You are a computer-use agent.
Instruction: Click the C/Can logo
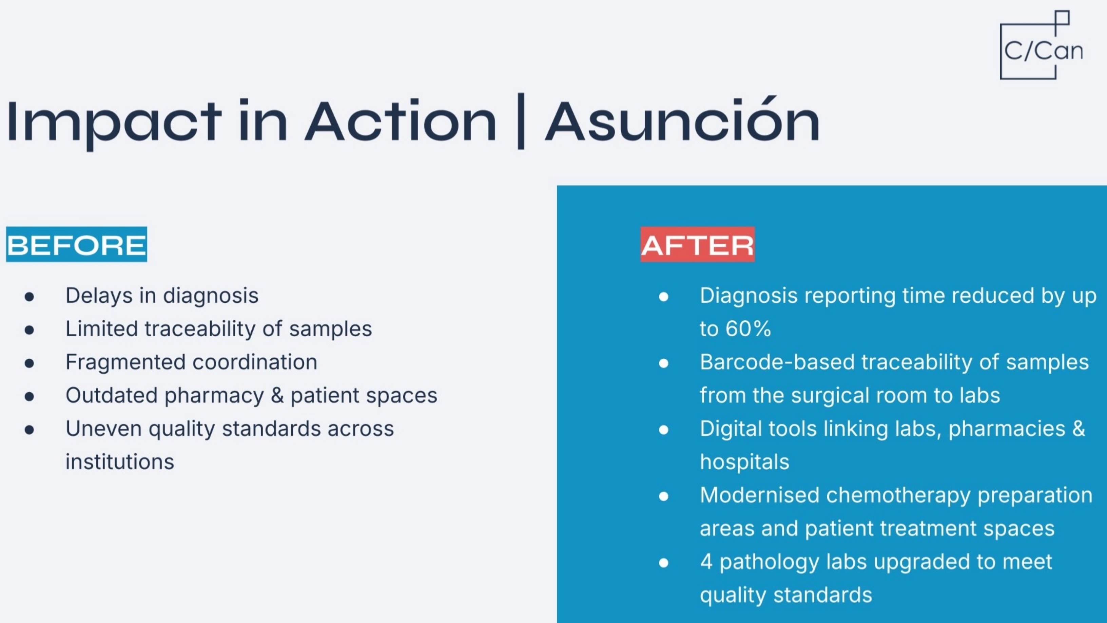[1041, 45]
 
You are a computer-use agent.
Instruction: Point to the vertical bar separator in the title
[521, 121]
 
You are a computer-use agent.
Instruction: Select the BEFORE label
[77, 244]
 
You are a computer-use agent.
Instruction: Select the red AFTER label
[697, 244]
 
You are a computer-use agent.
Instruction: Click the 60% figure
[748, 329]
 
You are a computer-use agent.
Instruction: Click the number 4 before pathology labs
[706, 562]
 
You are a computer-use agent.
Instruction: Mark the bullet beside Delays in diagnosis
[29, 297]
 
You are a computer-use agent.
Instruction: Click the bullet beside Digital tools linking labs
[663, 430]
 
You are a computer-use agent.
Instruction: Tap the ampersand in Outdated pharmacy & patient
[277, 395]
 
